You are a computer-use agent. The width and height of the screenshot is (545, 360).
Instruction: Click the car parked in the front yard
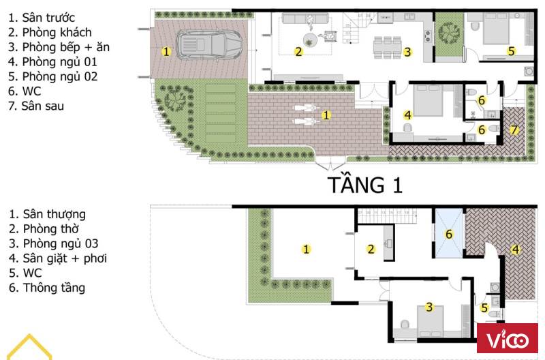coord(210,44)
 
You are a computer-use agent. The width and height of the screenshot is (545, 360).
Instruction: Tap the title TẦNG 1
coord(365,184)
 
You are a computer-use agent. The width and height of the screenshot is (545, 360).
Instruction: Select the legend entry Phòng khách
coord(50,32)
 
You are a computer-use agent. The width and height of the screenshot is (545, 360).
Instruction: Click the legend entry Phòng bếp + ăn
coord(59,47)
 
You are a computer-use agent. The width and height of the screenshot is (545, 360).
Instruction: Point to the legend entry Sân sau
coord(36,106)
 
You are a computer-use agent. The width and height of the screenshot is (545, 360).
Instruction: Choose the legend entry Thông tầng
coord(47,288)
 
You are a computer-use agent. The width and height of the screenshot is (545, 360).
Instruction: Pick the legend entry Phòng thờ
coord(44,229)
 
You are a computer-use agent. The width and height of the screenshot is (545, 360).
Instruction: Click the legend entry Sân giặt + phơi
coord(58,258)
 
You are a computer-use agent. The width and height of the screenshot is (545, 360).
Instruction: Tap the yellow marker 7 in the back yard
coord(514,130)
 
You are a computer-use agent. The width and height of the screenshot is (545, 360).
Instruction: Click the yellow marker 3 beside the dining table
coord(407,52)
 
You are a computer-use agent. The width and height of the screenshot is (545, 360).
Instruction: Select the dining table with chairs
coord(388,47)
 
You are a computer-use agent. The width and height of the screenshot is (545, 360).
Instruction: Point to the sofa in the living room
coord(305,18)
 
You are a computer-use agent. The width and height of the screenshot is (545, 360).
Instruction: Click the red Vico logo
coord(507,338)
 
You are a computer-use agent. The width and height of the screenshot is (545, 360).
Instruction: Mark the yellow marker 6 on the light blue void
coord(449,234)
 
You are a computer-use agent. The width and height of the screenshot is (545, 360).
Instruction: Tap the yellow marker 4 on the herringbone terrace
coord(516,250)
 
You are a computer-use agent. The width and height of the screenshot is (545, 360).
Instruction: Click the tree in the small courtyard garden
coord(449,33)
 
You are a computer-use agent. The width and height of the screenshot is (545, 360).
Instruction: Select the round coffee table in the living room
coord(310,40)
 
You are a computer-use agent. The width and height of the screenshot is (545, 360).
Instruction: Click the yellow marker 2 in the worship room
coord(371,249)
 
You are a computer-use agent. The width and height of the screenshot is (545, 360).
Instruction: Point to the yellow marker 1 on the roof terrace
coord(306,249)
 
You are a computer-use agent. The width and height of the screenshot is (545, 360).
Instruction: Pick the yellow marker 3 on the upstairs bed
coord(430,307)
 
